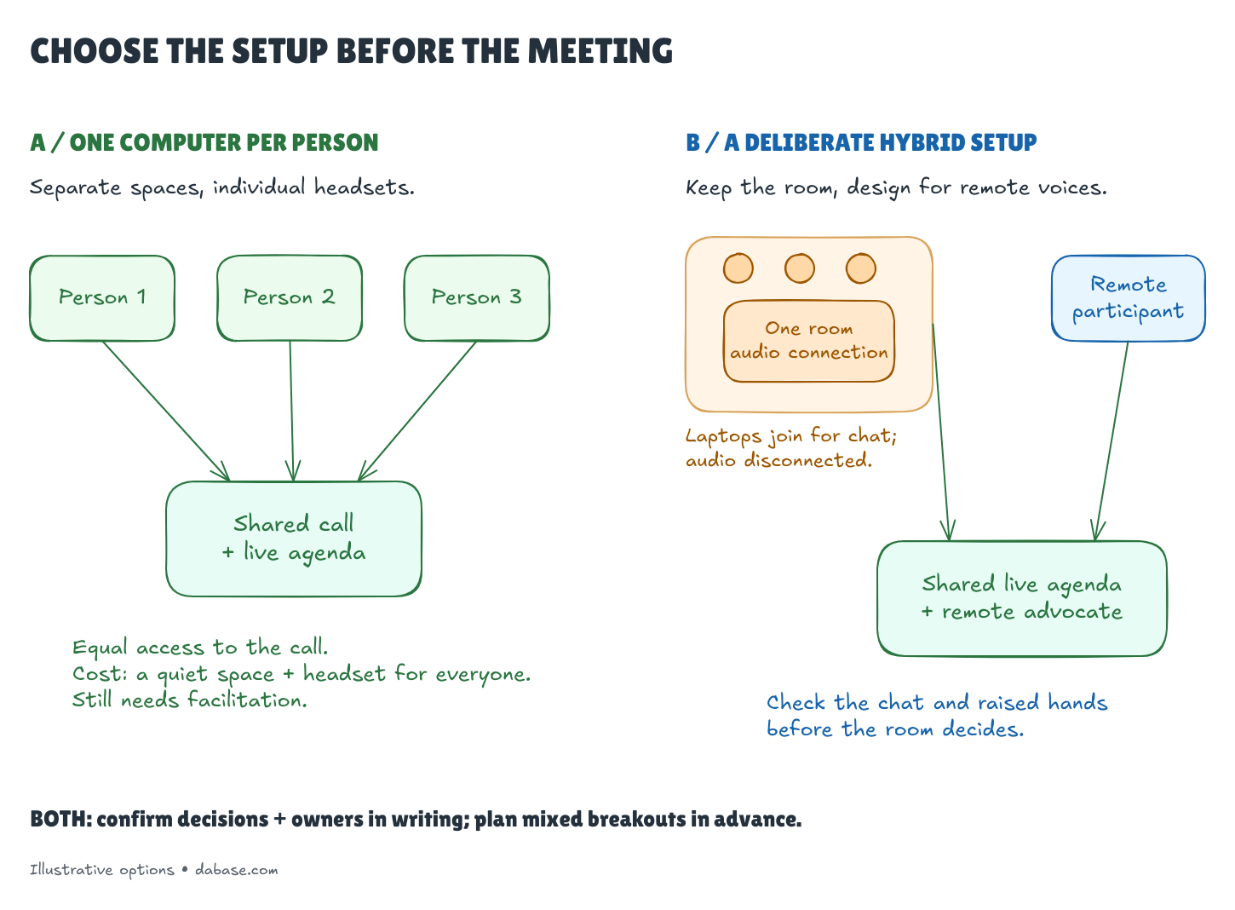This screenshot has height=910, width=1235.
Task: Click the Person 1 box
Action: pos(102,298)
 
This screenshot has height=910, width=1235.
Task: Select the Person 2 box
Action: pos(290,298)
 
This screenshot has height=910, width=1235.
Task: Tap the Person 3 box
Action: pos(478,298)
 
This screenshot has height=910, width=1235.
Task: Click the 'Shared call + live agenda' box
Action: pos(295,539)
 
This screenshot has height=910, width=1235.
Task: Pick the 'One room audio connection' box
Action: pos(810,342)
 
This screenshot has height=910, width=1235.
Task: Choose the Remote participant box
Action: pos(1129,298)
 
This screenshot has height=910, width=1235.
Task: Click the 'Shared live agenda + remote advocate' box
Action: pos(1023,599)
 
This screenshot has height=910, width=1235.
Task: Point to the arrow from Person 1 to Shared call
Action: pos(166,412)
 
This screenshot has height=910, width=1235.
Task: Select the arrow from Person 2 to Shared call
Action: pos(291,412)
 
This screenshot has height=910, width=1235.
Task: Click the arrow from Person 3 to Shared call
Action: pos(417,412)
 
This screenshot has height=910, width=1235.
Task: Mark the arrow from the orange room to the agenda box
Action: pos(941,432)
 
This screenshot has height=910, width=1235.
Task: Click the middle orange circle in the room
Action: pos(800,268)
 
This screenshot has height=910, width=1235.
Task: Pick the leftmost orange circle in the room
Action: pos(738,268)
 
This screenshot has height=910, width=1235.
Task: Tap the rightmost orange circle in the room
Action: pos(861,268)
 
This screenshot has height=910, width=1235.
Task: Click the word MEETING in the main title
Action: pos(600,51)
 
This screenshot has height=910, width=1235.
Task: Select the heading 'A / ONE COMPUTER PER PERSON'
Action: pos(204,143)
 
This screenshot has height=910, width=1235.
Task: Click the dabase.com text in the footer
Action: pos(237,871)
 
